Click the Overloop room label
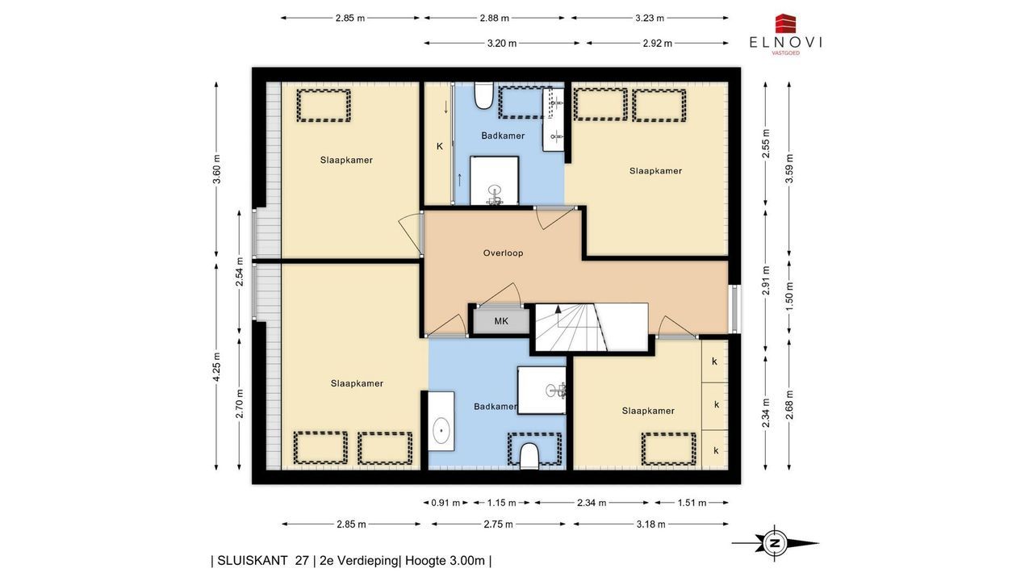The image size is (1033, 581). pyautogui.click(x=503, y=253)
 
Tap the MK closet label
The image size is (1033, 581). pyautogui.click(x=501, y=321)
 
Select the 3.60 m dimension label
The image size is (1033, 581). pyautogui.click(x=217, y=169)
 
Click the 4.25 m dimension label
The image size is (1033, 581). pyautogui.click(x=217, y=366)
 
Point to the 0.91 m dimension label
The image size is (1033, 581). pyautogui.click(x=445, y=503)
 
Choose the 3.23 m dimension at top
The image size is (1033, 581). pyautogui.click(x=650, y=18)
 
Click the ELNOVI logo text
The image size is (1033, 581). pyautogui.click(x=785, y=43)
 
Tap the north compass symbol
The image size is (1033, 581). pyautogui.click(x=775, y=543)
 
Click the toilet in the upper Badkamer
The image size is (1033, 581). pyautogui.click(x=483, y=95)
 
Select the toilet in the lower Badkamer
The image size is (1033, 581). pyautogui.click(x=529, y=457)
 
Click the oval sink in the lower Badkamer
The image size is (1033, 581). pyautogui.click(x=441, y=430)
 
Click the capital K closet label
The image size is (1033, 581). pyautogui.click(x=440, y=146)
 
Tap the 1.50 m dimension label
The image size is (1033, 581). pyautogui.click(x=789, y=295)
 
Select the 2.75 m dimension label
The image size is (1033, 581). pyautogui.click(x=498, y=525)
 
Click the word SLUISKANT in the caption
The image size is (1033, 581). pyautogui.click(x=253, y=561)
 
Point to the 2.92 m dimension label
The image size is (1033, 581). pyautogui.click(x=657, y=44)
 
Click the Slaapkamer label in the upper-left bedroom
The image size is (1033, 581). pyautogui.click(x=346, y=160)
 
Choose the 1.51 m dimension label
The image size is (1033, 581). pyautogui.click(x=692, y=503)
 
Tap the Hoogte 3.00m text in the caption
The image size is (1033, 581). pyautogui.click(x=445, y=561)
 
